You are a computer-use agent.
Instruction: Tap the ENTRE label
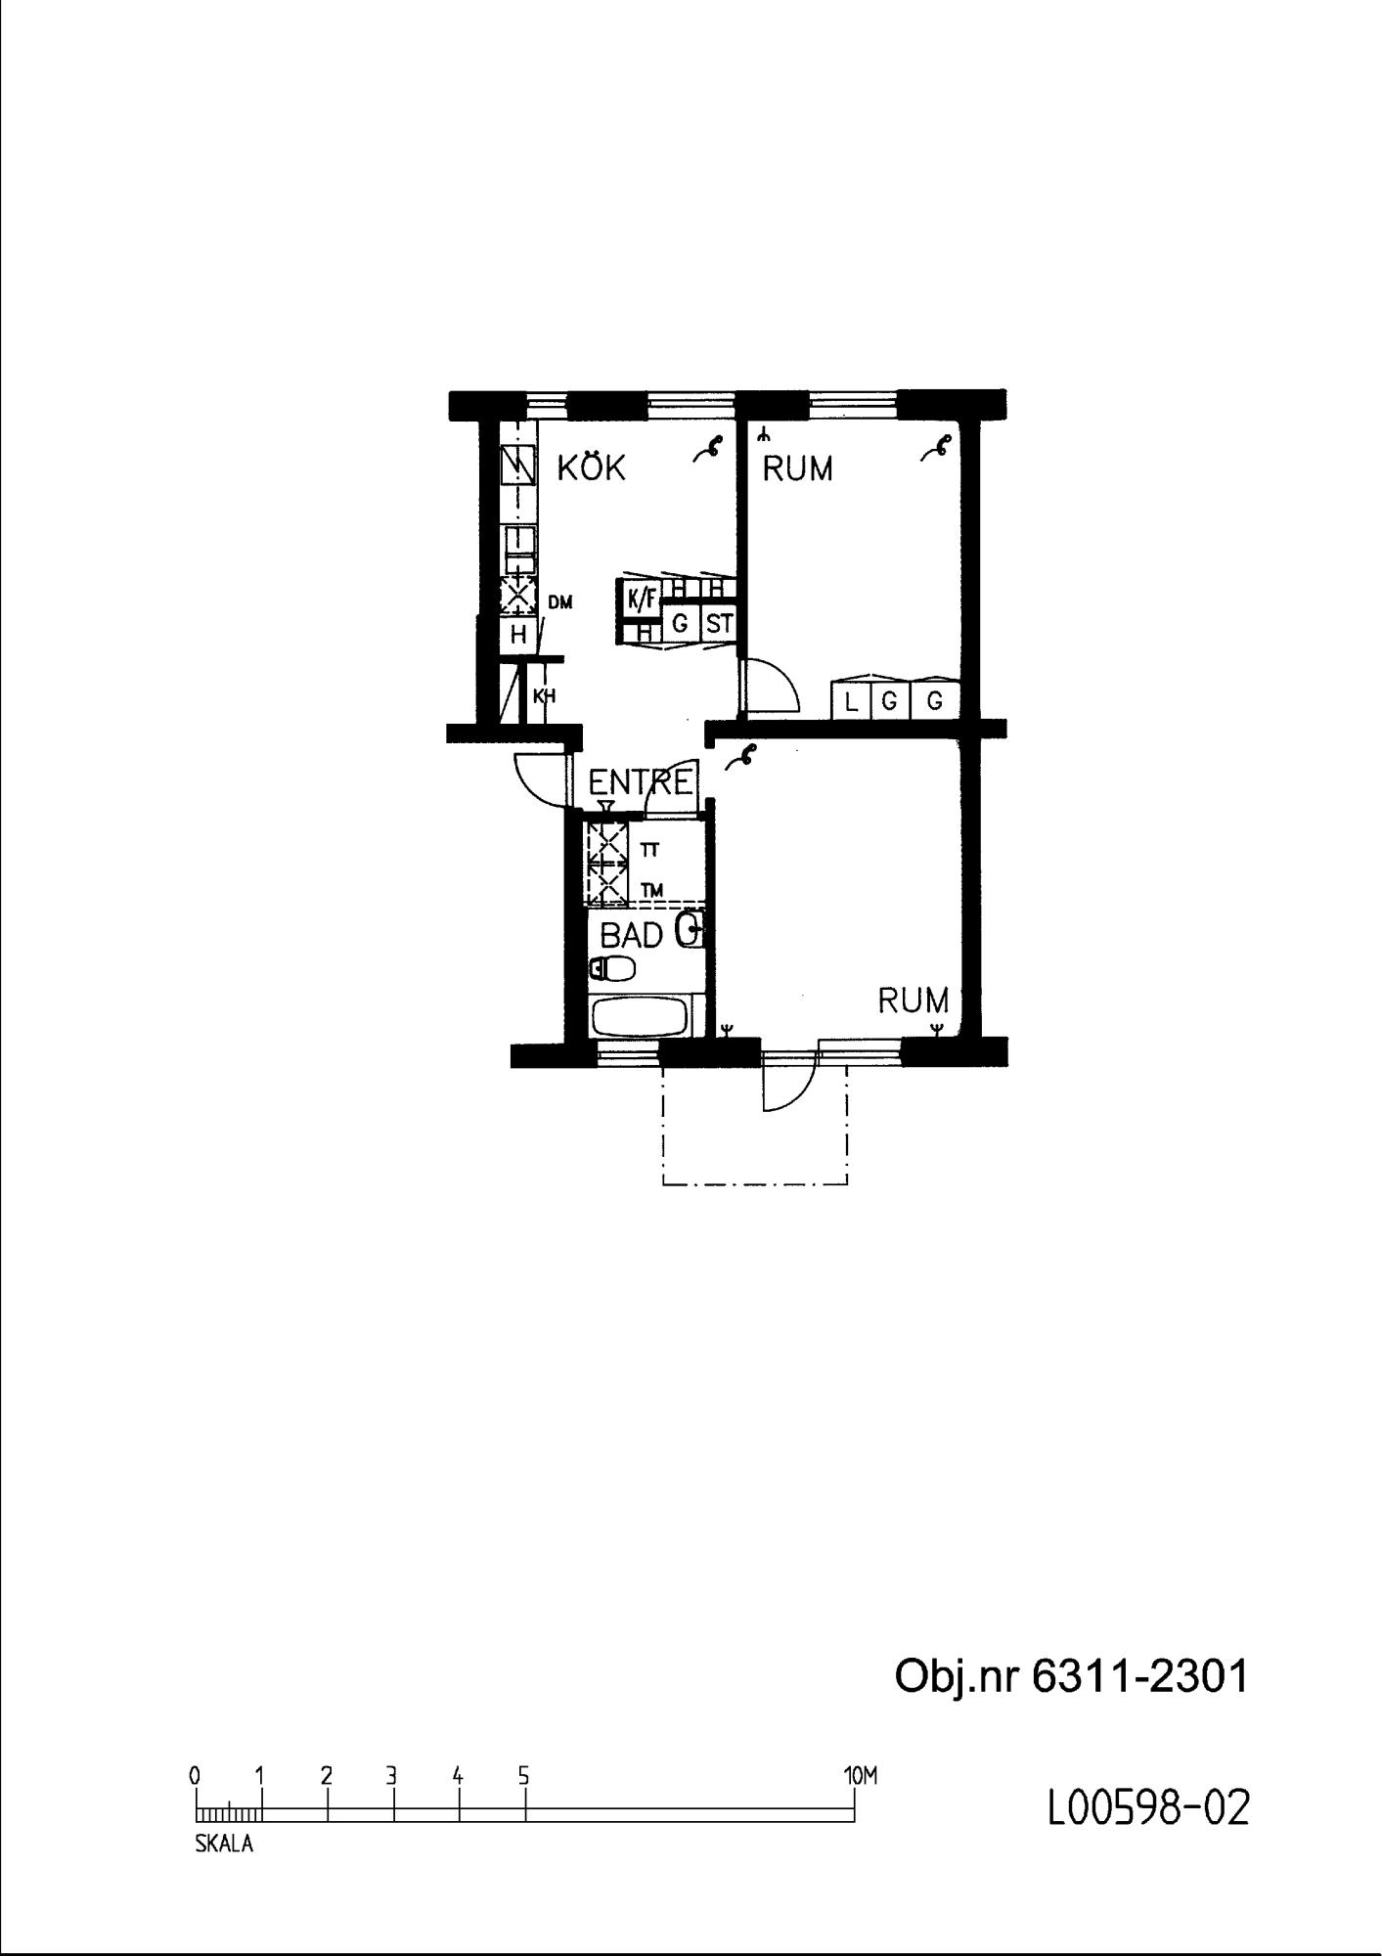click(x=641, y=781)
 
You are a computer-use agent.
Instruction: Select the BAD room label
click(x=632, y=936)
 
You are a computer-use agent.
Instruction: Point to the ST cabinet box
click(x=719, y=623)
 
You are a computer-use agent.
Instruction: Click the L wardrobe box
click(x=851, y=700)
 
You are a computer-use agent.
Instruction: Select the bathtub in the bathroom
click(x=641, y=1018)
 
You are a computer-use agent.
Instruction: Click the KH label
click(x=544, y=696)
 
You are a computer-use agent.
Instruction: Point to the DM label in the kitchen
click(x=559, y=602)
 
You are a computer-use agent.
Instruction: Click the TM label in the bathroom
click(x=651, y=890)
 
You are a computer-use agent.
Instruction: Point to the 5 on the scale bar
click(x=524, y=1774)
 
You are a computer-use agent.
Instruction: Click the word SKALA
click(x=224, y=1844)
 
